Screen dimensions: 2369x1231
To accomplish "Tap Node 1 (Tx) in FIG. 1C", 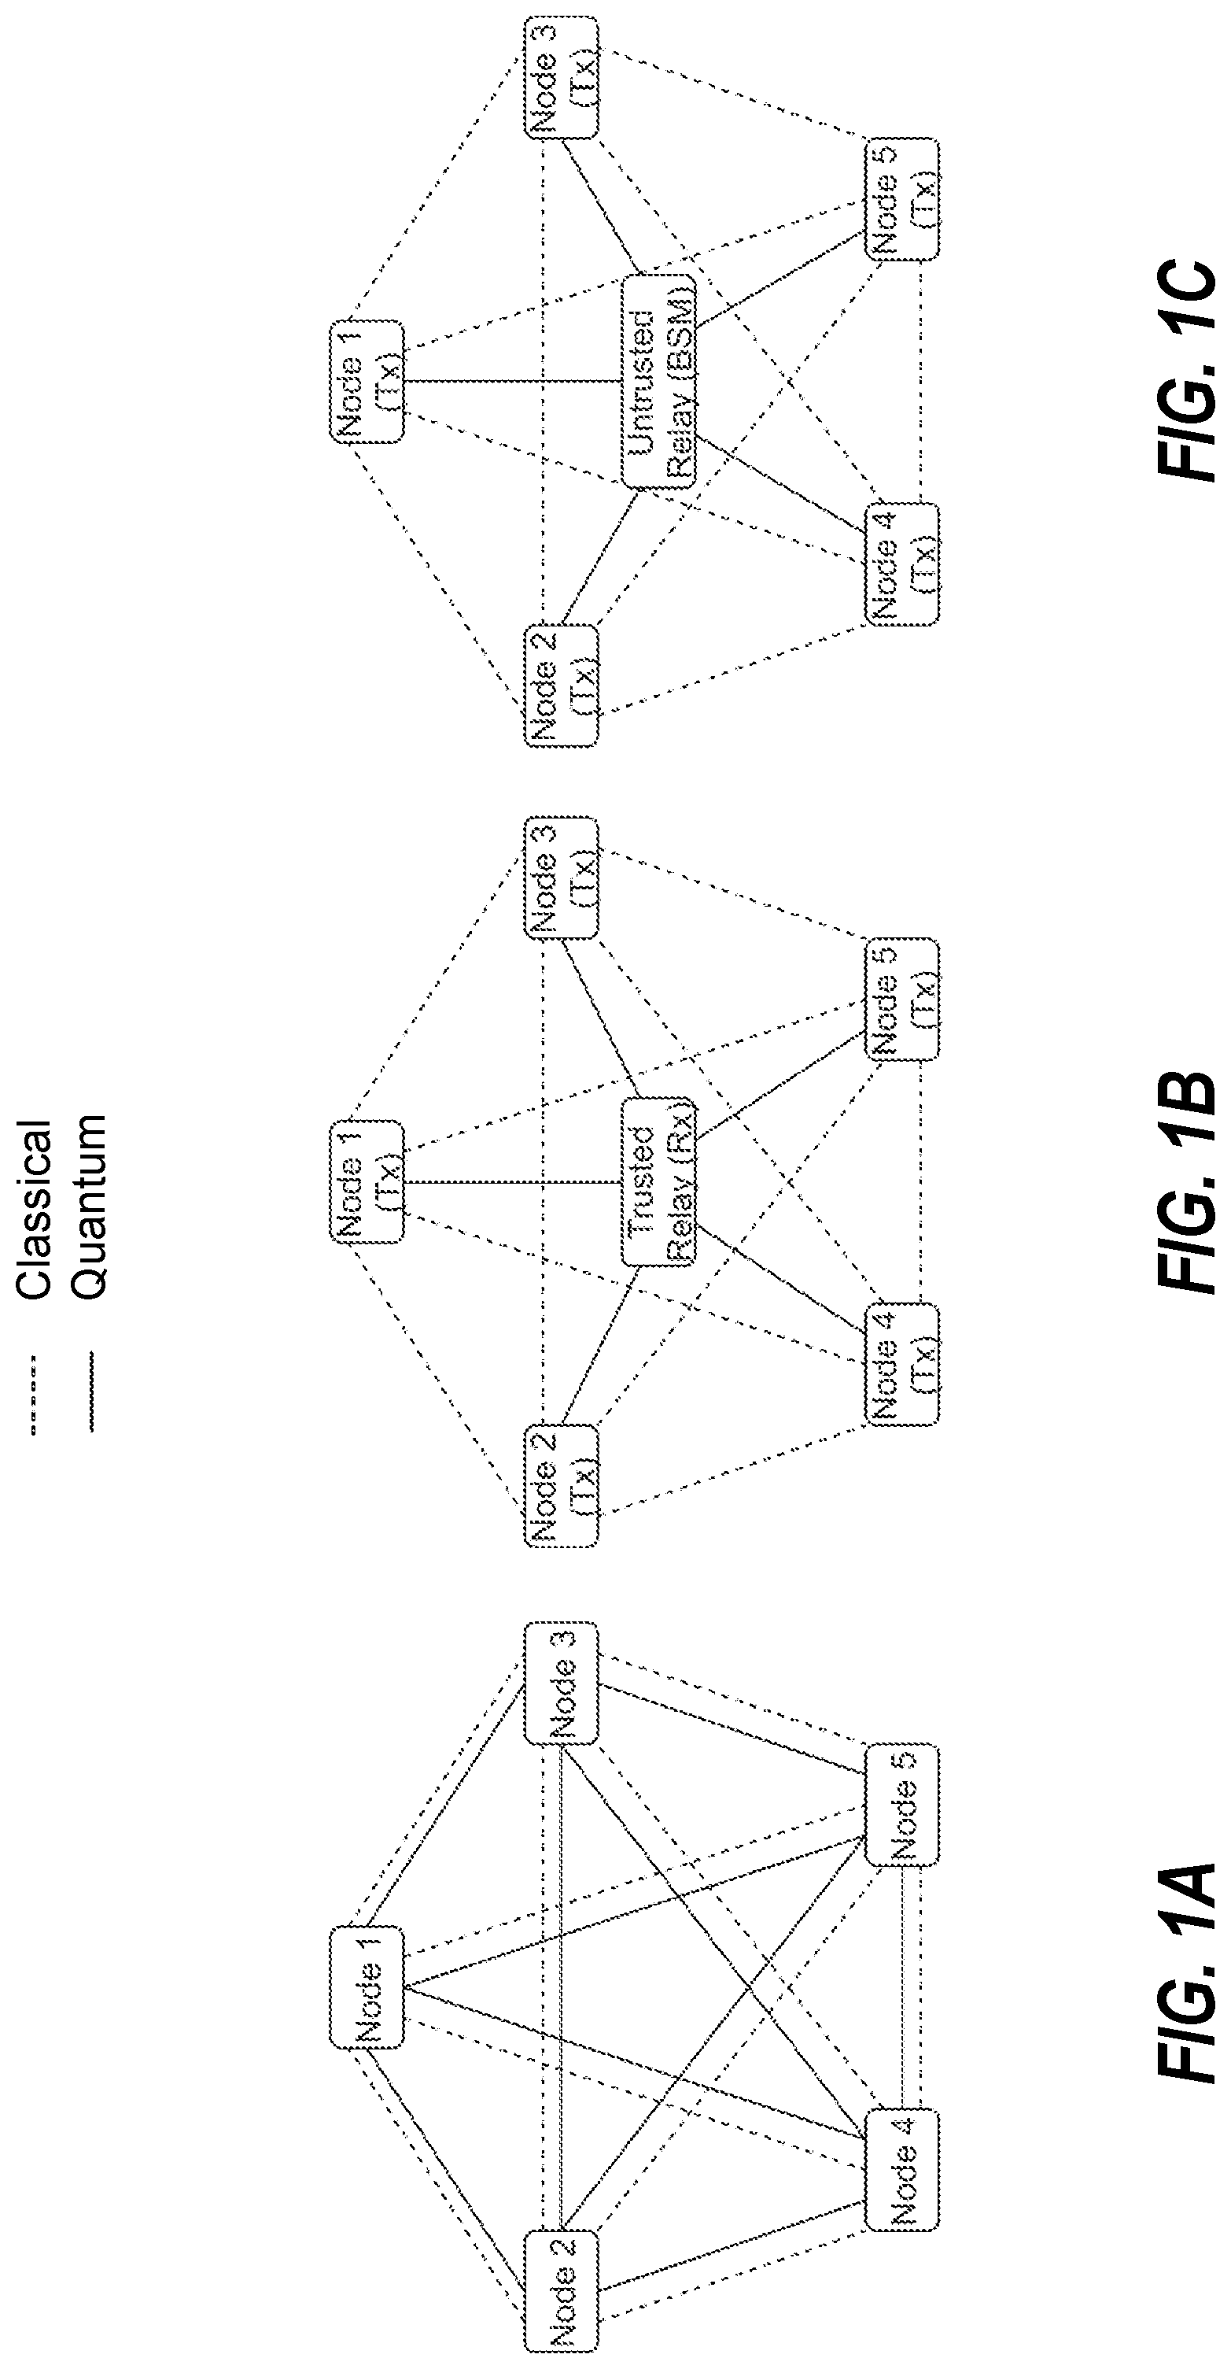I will click(366, 382).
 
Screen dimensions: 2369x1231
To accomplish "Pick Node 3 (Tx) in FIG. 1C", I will click(561, 78).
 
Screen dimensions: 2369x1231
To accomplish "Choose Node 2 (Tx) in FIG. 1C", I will click(561, 686).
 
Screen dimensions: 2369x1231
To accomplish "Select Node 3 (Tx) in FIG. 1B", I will click(561, 878).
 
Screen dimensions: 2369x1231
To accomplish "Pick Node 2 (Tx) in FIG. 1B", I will click(561, 1484).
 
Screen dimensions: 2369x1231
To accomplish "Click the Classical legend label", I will click(34, 1210).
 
